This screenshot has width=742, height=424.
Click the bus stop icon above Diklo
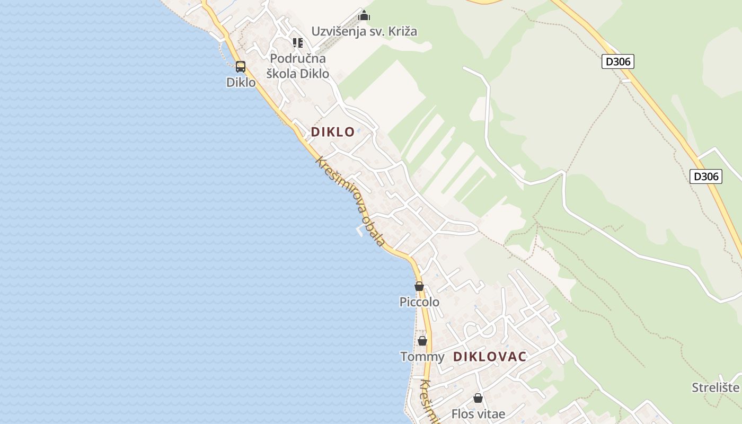point(241,67)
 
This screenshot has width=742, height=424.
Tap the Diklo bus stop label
point(241,83)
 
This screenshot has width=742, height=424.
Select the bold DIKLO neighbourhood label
point(332,132)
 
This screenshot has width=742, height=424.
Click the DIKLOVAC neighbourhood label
point(490,357)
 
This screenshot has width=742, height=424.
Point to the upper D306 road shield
point(618,61)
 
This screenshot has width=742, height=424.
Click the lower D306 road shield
point(706,176)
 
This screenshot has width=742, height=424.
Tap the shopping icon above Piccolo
point(419,286)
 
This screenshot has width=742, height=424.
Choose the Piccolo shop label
point(419,302)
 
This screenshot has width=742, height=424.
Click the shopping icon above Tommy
point(422,341)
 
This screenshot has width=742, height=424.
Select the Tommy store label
point(422,357)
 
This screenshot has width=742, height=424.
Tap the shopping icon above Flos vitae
point(478,398)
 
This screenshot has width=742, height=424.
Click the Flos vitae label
point(478,413)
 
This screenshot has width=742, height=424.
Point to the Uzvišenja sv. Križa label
point(364,31)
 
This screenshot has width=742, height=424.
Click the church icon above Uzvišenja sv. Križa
point(364,15)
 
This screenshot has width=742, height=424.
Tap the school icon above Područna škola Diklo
point(298,42)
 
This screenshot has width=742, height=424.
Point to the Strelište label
point(715,387)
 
